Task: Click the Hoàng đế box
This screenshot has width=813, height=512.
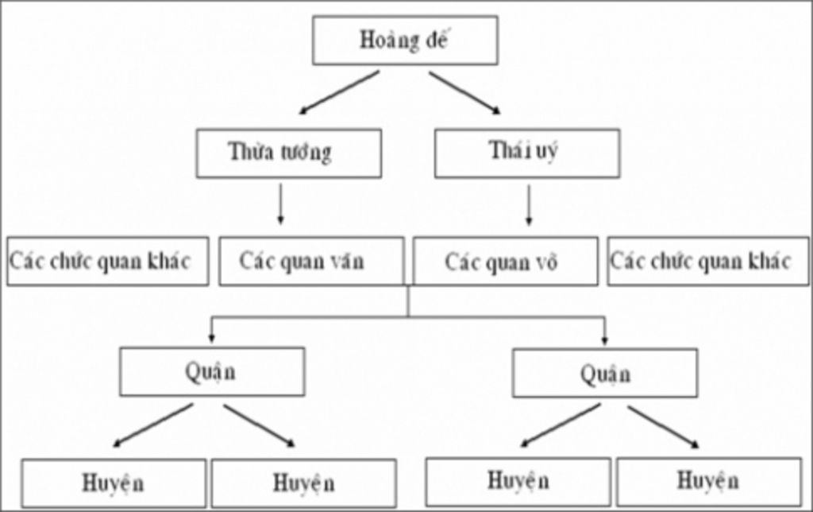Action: coord(405,40)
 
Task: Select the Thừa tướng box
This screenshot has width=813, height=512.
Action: coord(289,153)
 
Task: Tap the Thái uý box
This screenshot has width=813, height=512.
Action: coord(527,153)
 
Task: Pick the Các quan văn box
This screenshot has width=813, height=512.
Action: coord(311,262)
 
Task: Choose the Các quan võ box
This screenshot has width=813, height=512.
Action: coord(506,262)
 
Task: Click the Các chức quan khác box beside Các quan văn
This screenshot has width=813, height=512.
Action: coord(108,262)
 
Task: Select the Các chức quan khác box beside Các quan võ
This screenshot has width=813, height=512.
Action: coord(707,262)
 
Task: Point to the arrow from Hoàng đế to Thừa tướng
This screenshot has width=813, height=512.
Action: coord(339,92)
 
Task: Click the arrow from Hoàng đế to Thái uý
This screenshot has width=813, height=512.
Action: coord(464,92)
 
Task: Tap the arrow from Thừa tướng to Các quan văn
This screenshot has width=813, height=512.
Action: coord(280,204)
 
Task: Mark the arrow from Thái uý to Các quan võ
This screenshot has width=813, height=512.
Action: coord(529,205)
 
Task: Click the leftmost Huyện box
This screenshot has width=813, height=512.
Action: coord(114,483)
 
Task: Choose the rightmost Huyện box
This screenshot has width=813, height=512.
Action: coord(709,481)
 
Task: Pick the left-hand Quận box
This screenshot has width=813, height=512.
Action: coord(212,372)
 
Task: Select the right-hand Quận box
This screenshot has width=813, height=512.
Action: coord(605,374)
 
